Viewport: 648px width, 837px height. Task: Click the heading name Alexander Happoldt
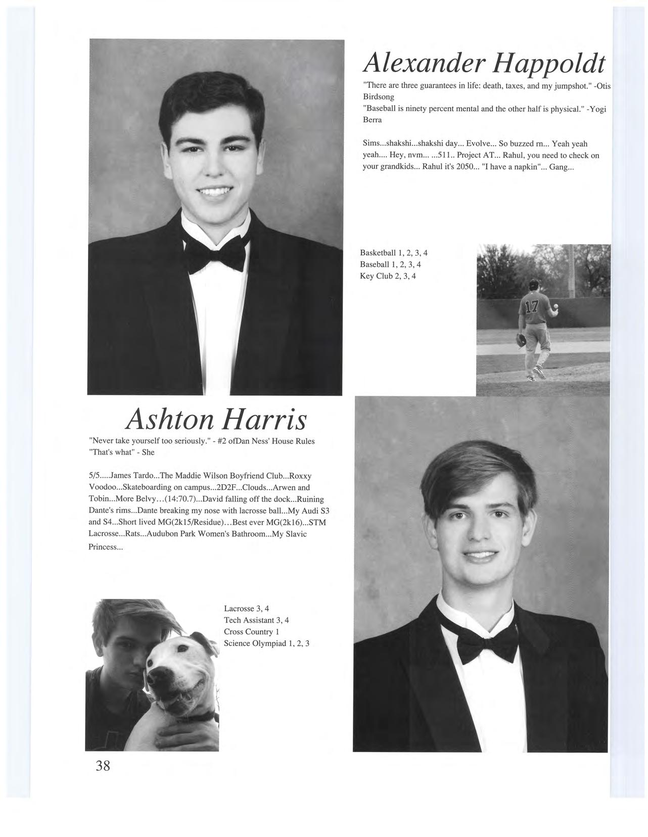pos(484,63)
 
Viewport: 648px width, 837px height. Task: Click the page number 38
pos(103,765)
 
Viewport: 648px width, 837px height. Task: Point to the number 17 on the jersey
pos(532,307)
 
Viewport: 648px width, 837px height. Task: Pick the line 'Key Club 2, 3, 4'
pos(388,276)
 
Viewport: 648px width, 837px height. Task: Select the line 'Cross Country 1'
pos(251,632)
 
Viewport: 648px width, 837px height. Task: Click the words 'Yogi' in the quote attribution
pos(597,109)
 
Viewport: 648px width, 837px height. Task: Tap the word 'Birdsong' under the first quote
pos(379,96)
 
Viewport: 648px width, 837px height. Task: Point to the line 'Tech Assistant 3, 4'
pos(256,620)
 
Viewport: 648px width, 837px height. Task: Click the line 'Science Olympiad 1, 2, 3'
pos(266,643)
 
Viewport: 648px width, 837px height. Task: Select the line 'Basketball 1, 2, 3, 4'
pos(394,253)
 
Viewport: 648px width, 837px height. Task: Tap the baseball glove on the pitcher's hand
pos(521,339)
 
